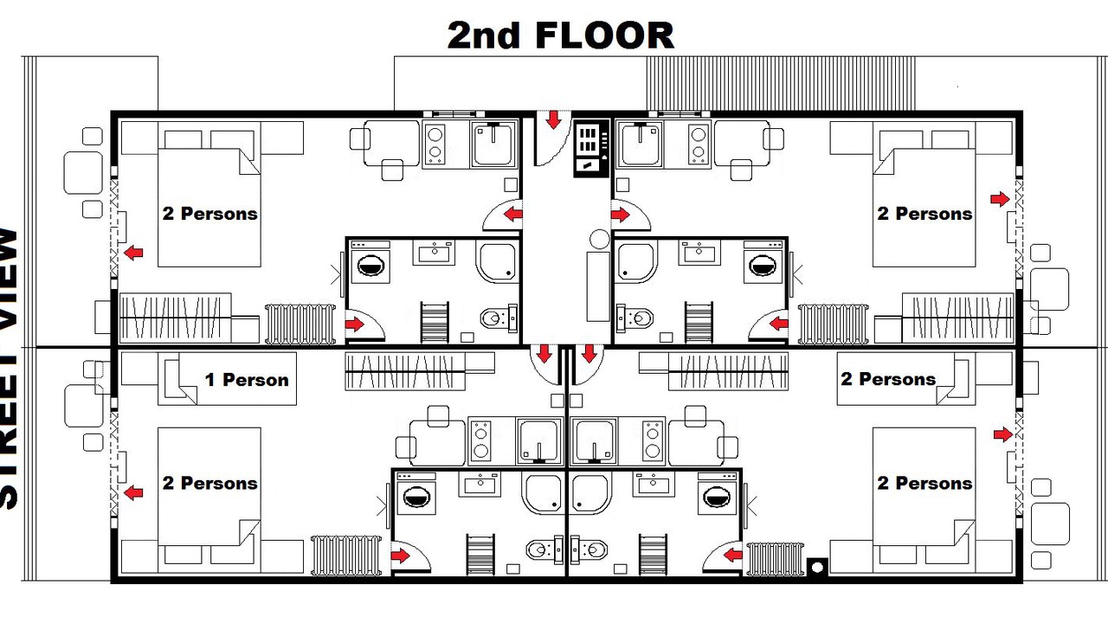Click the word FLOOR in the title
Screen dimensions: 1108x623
point(604,35)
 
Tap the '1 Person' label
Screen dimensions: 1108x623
point(247,380)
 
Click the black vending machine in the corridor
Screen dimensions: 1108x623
point(591,149)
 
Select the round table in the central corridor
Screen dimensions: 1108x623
point(600,240)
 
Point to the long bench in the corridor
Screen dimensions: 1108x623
point(598,286)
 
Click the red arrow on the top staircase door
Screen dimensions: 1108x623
point(553,119)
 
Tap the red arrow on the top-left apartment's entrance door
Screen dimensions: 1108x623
point(513,215)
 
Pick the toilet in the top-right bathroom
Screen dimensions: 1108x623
point(635,317)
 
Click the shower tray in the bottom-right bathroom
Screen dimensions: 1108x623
point(589,494)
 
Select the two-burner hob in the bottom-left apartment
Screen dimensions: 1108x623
point(480,441)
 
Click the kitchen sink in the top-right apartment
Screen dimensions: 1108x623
point(641,144)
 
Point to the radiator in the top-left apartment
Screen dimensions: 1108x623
point(300,324)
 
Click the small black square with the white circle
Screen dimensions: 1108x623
point(817,567)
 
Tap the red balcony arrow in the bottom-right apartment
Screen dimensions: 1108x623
point(1002,434)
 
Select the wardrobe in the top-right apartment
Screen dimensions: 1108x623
point(958,318)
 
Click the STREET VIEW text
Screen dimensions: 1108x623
point(10,369)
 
